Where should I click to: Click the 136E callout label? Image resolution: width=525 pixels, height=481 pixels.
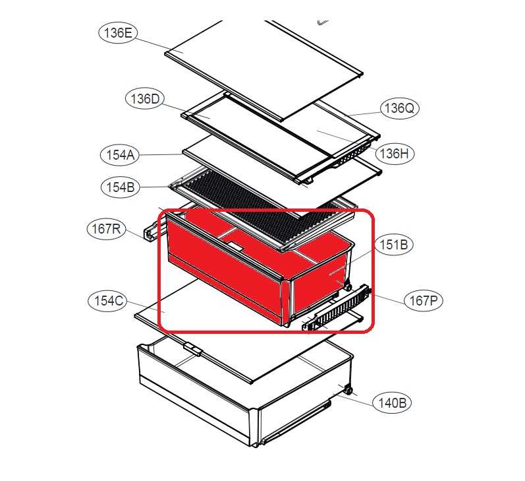118,33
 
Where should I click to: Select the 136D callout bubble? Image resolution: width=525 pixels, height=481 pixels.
145,99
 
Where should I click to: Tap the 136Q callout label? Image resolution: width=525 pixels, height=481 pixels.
399,108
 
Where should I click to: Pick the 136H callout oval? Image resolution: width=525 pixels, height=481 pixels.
394,154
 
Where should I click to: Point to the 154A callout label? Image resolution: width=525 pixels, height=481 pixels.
120,155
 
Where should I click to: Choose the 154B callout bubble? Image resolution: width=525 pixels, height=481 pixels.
120,187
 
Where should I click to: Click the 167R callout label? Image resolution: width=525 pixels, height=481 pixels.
106,229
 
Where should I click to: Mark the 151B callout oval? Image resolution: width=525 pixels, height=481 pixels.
394,245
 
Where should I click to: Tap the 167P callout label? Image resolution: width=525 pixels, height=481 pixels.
424,300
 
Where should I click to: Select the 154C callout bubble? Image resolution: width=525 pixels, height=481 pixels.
107,301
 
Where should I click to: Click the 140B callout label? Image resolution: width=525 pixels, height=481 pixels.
392,402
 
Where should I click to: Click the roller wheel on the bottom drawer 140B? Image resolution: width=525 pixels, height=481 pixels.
348,391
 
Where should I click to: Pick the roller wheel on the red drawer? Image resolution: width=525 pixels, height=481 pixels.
348,288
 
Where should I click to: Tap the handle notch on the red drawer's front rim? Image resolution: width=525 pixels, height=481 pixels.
235,247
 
